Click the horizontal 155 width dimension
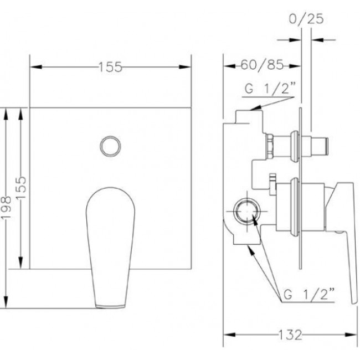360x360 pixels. click(110, 67)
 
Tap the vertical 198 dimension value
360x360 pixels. click(6, 208)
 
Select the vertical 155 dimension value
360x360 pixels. click(22, 187)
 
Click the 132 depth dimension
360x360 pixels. click(290, 335)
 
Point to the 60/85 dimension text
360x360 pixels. click(262, 65)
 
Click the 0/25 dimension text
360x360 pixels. click(306, 18)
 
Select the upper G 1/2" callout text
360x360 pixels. click(270, 88)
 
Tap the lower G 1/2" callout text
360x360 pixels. click(309, 294)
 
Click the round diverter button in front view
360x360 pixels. click(110, 146)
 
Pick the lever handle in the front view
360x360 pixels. click(110, 248)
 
